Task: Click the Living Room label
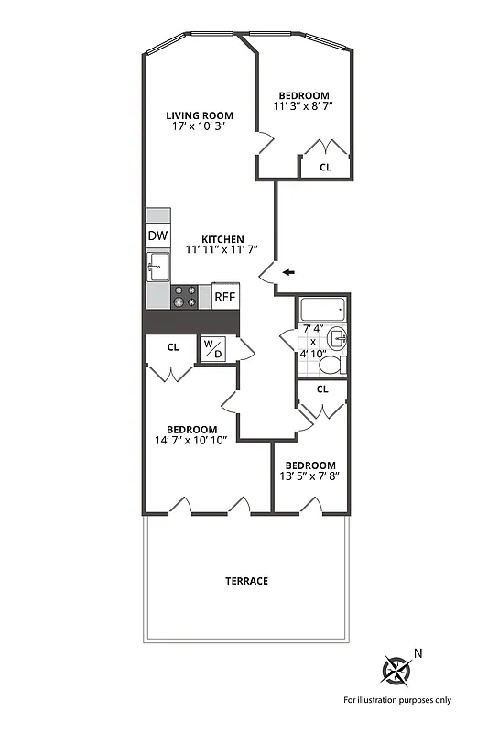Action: click(199, 115)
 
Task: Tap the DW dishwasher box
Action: click(157, 235)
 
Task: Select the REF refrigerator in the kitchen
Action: click(225, 296)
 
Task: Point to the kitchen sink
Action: click(157, 268)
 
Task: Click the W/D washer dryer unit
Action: click(212, 349)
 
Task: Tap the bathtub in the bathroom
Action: click(321, 310)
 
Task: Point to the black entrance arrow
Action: click(288, 272)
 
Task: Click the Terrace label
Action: click(247, 581)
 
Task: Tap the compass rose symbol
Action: click(397, 671)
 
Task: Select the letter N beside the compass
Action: click(418, 653)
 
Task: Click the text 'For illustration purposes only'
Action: click(397, 700)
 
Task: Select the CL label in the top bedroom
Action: click(325, 168)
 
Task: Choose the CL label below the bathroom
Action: click(322, 389)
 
